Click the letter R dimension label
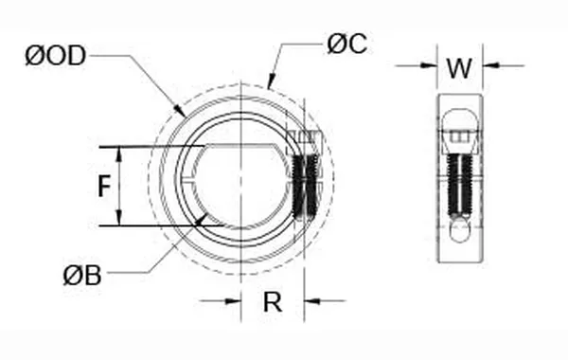coord(272,302)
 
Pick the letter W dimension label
coord(459,68)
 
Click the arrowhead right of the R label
coord(310,300)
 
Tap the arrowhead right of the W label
coord(490,65)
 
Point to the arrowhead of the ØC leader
coord(271,84)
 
